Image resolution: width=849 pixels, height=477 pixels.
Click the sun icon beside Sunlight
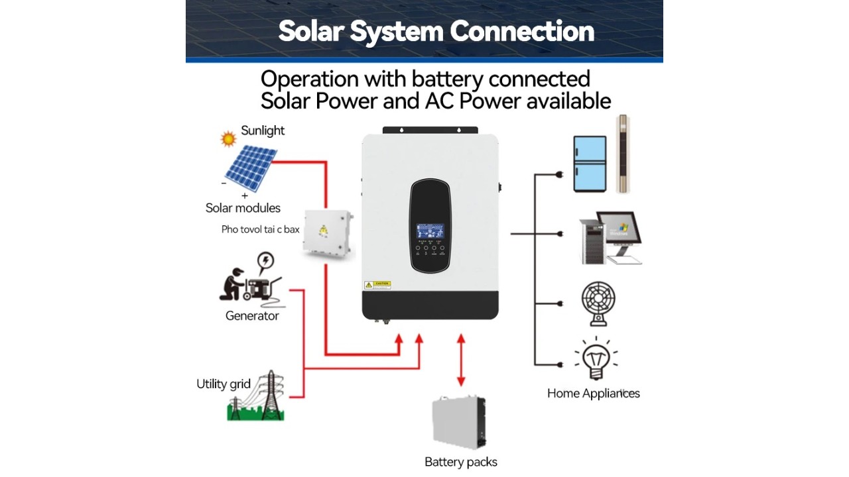pos(228,139)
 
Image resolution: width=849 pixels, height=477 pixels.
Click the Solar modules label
pos(243,208)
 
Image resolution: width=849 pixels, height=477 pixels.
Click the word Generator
pos(252,316)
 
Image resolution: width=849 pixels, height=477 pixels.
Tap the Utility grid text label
pos(224,384)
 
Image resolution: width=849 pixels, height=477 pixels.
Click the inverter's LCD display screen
pos(430,232)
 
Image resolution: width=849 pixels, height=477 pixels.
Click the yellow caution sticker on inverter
pos(377,285)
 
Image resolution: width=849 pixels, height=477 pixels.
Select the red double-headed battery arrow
pos(461,360)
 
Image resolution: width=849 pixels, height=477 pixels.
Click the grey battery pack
pos(459,423)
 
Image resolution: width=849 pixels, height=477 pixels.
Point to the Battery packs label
pos(461,462)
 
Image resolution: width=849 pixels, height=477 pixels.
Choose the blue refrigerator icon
pos(590,164)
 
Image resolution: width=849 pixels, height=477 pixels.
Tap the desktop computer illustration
pos(610,238)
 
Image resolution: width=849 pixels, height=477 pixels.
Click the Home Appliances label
pos(594,394)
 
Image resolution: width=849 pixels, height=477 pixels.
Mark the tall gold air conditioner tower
pos(622,154)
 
